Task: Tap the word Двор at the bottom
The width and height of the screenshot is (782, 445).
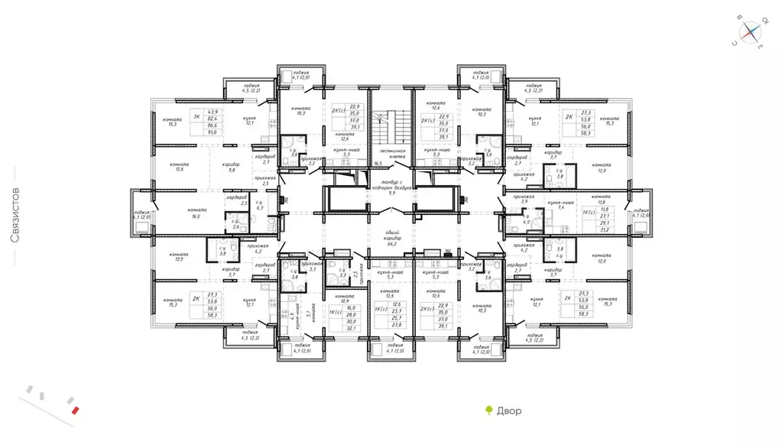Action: (x=508, y=411)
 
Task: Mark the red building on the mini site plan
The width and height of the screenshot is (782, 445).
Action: (x=74, y=409)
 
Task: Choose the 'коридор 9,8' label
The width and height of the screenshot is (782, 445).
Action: (x=232, y=167)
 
